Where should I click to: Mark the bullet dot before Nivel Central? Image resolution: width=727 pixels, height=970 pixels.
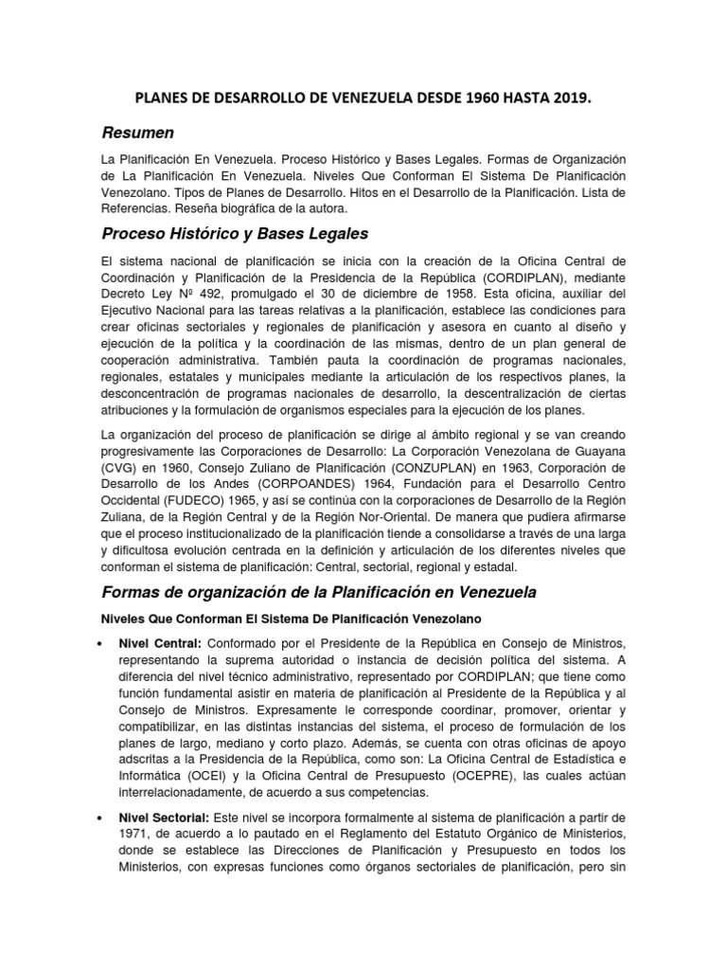tap(103, 644)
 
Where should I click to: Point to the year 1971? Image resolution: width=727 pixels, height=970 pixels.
tap(135, 835)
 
